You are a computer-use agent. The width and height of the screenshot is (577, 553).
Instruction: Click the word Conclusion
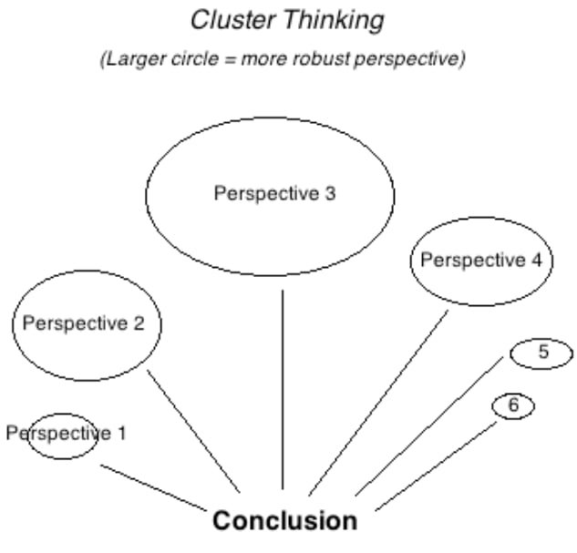(284, 521)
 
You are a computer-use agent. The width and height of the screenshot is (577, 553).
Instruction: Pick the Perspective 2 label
(84, 323)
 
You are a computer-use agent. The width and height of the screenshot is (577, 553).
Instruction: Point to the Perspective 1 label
(66, 433)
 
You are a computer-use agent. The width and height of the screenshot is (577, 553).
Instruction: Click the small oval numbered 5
(541, 353)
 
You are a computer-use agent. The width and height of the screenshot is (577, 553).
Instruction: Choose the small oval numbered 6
(513, 406)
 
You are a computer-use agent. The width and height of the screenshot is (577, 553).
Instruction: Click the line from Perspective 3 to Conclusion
(283, 392)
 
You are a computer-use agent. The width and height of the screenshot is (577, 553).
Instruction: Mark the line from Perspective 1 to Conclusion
(152, 486)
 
